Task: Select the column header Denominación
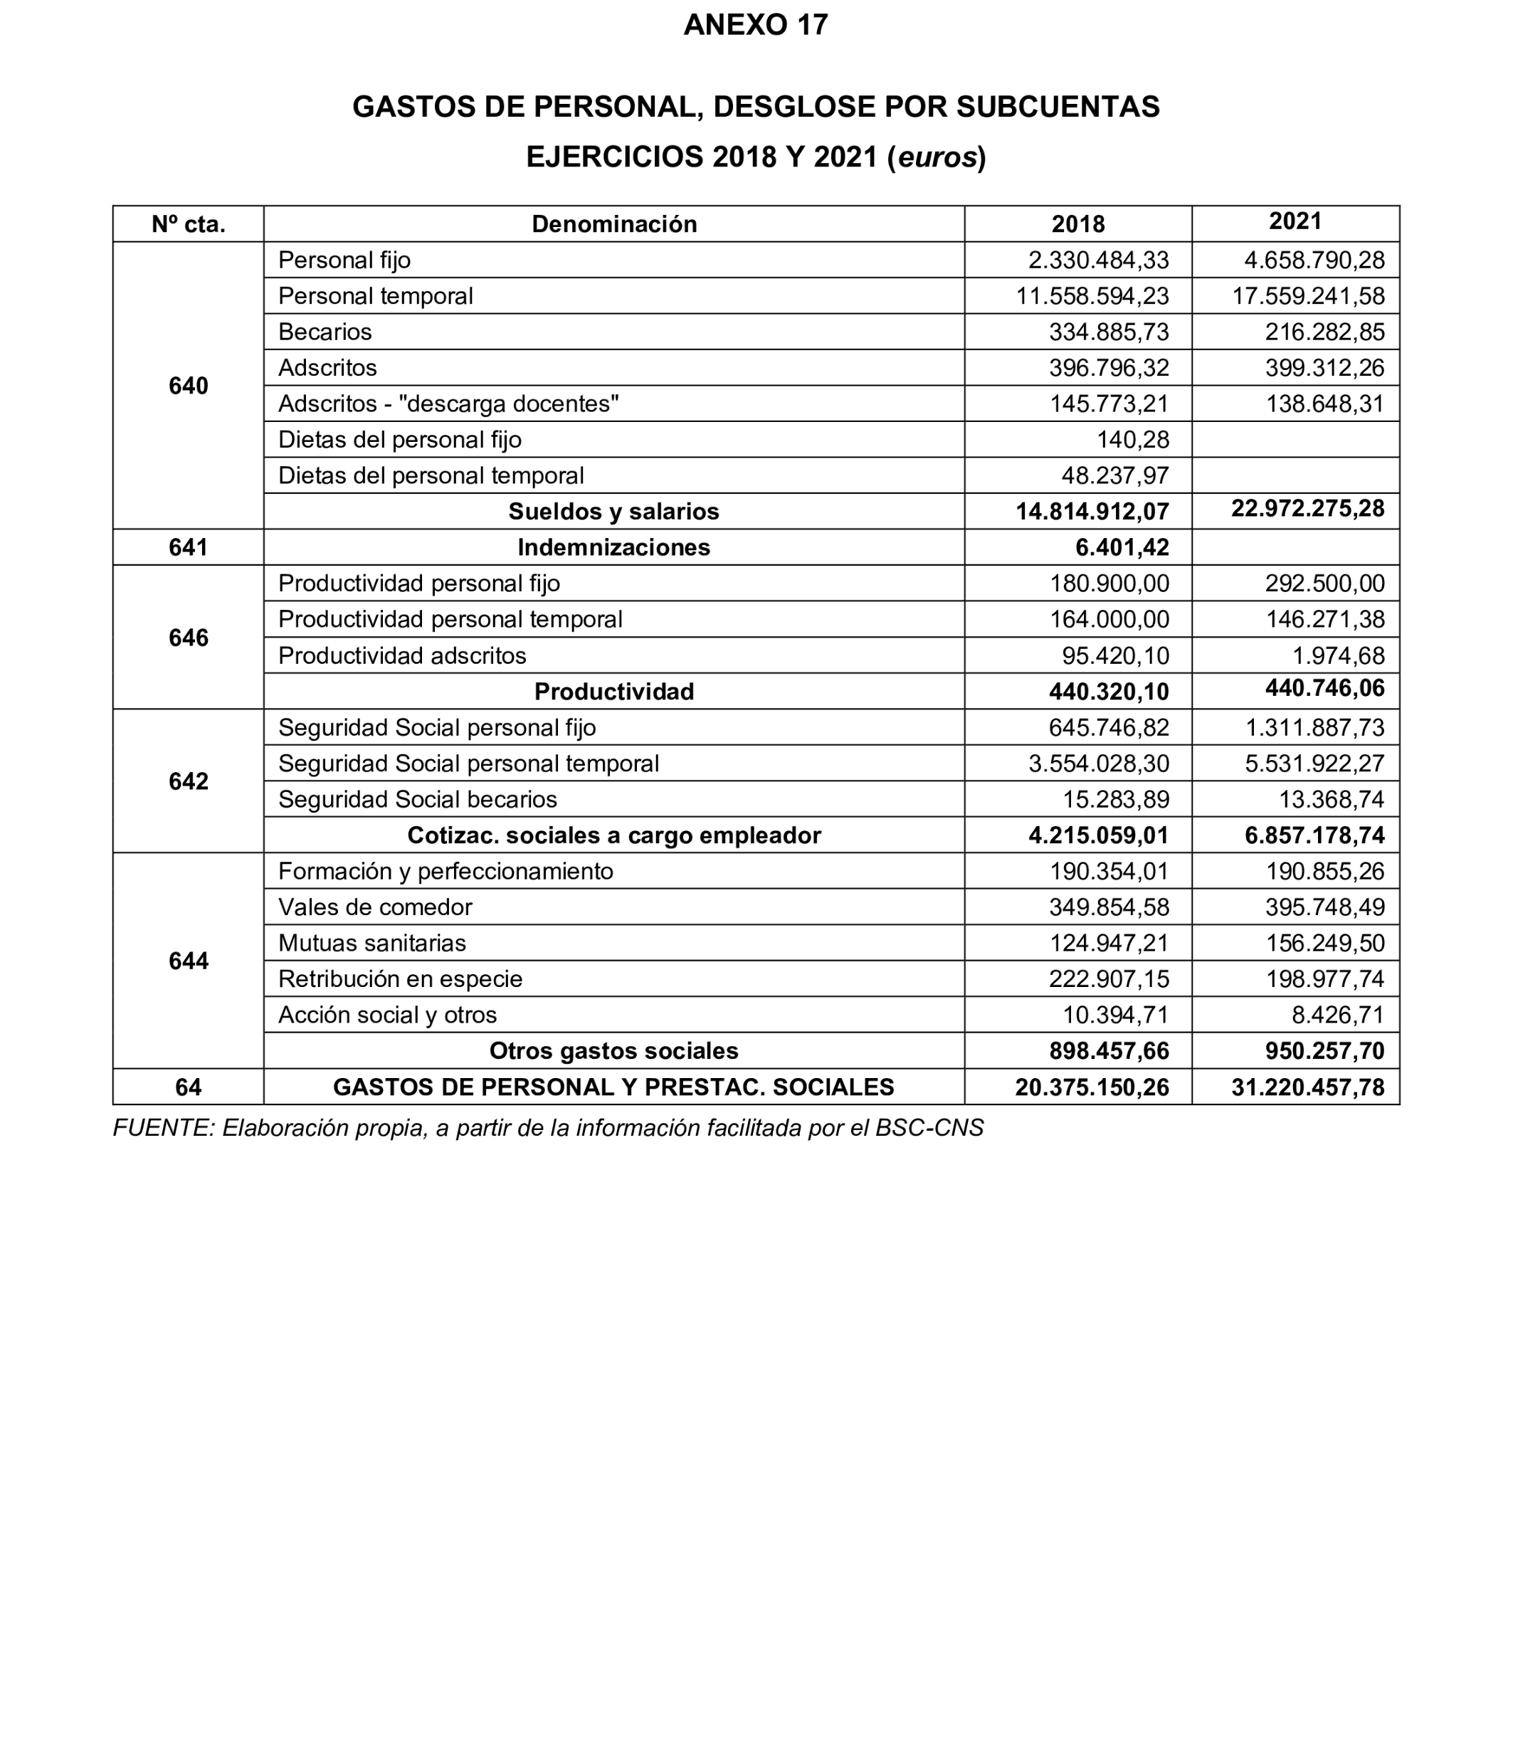pyautogui.click(x=614, y=223)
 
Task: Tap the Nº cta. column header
pyautogui.click(x=189, y=223)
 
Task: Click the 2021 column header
pyautogui.click(x=1295, y=221)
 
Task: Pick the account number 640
pyautogui.click(x=189, y=386)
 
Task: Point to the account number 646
pyautogui.click(x=189, y=638)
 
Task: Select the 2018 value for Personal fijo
pyautogui.click(x=1097, y=260)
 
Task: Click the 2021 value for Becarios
pyautogui.click(x=1324, y=332)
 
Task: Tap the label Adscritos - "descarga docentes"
pyautogui.click(x=448, y=403)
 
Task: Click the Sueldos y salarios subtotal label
pyautogui.click(x=614, y=512)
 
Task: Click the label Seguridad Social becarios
pyautogui.click(x=417, y=800)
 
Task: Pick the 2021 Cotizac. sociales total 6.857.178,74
pyautogui.click(x=1314, y=836)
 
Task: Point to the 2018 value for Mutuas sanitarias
pyautogui.click(x=1109, y=943)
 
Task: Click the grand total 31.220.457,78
pyautogui.click(x=1307, y=1087)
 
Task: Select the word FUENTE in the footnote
pyautogui.click(x=163, y=1129)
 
